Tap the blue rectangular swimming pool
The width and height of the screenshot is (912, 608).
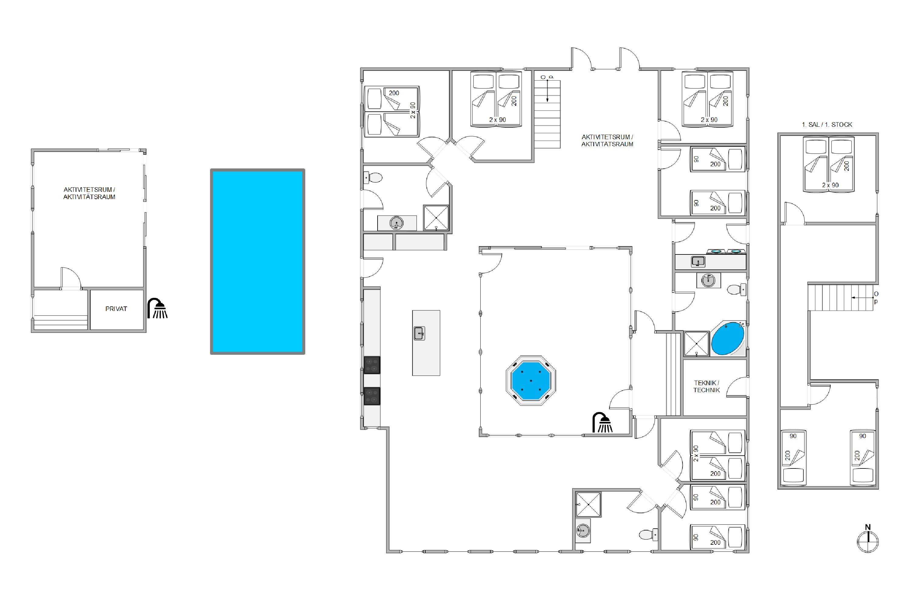pos(257,261)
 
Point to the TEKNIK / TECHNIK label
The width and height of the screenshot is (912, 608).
pos(706,387)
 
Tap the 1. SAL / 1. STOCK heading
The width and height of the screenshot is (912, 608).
pos(827,124)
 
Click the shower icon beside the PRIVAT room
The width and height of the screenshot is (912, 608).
pos(157,309)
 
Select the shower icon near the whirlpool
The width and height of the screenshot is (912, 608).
pos(603,422)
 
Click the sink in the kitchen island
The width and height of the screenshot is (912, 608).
pos(420,333)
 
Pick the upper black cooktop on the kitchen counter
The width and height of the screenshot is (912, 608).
pos(372,365)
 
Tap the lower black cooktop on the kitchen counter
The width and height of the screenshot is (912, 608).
pos(372,396)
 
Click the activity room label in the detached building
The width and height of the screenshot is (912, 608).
pos(89,193)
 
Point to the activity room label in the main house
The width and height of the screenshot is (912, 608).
pos(607,140)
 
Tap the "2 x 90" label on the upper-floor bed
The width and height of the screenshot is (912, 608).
pos(830,185)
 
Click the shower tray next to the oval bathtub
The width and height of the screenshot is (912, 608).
pos(697,344)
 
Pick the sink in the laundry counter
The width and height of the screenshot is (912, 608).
pos(698,262)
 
